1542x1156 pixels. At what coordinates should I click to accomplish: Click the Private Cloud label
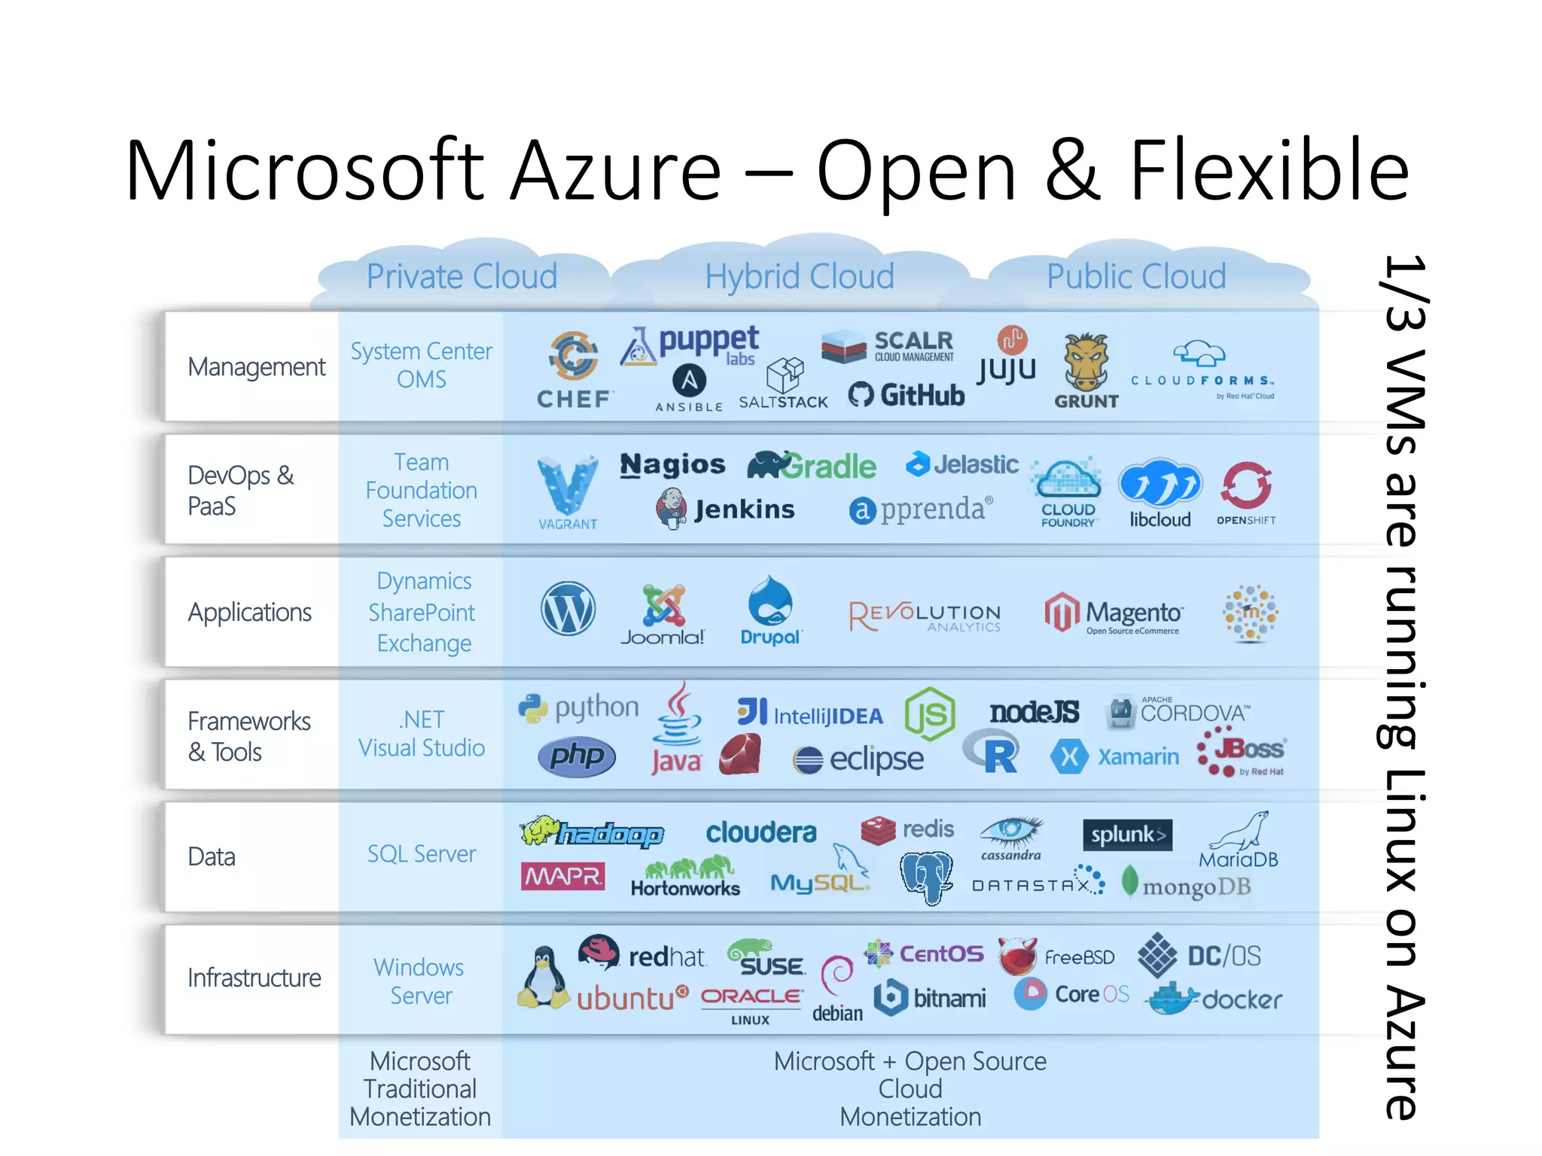click(x=462, y=276)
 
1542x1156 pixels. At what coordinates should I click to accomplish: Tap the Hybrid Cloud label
click(x=799, y=276)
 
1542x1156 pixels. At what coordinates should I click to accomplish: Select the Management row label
click(x=256, y=367)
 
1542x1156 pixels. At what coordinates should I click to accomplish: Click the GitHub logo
click(x=907, y=395)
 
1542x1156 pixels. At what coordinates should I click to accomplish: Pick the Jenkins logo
click(x=726, y=509)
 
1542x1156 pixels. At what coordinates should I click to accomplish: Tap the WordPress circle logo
click(x=568, y=609)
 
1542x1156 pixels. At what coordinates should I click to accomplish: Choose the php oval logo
click(x=577, y=756)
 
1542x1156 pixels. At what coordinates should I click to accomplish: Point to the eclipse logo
click(x=858, y=759)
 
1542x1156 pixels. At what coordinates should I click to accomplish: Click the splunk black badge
click(x=1126, y=835)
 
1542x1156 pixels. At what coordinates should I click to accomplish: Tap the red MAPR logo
click(x=562, y=876)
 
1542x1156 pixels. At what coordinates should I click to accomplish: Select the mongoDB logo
click(x=1186, y=886)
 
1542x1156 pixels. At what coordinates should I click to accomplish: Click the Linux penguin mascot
click(x=543, y=978)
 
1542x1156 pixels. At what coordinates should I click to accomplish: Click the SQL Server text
click(x=421, y=853)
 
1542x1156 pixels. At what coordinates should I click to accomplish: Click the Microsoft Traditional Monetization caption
click(x=420, y=1088)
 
